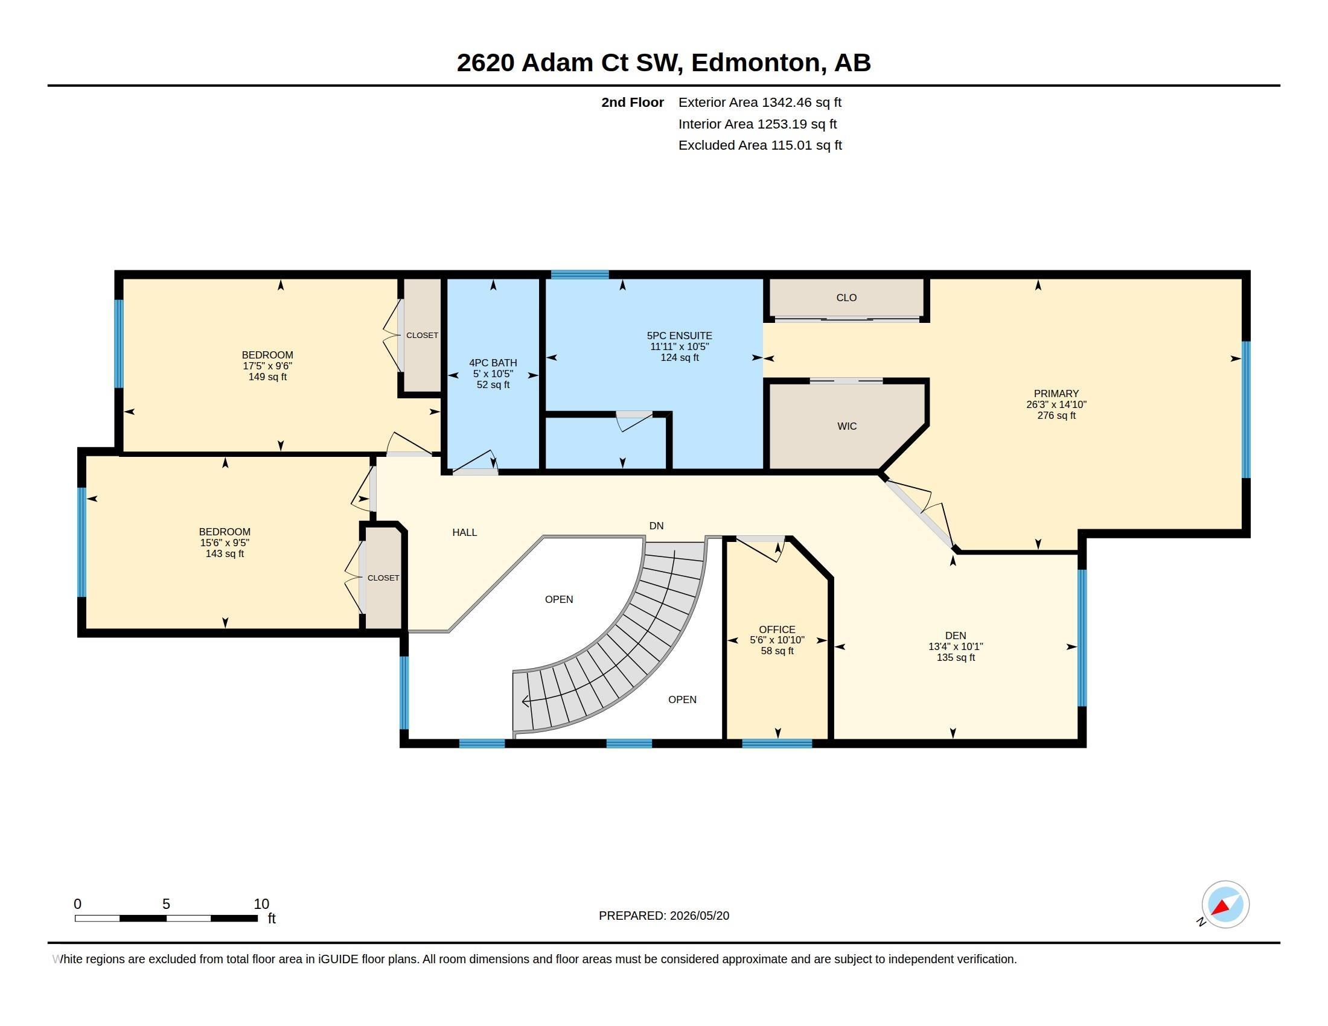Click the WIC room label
pyautogui.click(x=846, y=426)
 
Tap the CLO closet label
pyautogui.click(x=846, y=297)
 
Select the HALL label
pyautogui.click(x=465, y=532)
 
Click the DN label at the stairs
pyautogui.click(x=656, y=526)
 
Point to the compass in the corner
pyautogui.click(x=1225, y=904)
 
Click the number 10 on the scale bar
pyautogui.click(x=261, y=904)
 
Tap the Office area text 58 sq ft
pyautogui.click(x=777, y=651)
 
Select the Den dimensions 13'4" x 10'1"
pyautogui.click(x=956, y=647)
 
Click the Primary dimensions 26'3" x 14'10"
pyautogui.click(x=1056, y=405)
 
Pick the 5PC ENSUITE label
pyautogui.click(x=679, y=336)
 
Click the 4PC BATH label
pyautogui.click(x=493, y=363)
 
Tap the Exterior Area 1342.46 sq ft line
pyautogui.click(x=760, y=102)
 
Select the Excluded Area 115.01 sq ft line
pyautogui.click(x=760, y=145)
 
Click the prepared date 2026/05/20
pyautogui.click(x=699, y=916)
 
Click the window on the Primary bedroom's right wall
pyautogui.click(x=1245, y=410)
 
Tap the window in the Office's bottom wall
pyautogui.click(x=777, y=744)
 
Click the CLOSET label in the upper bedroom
pyautogui.click(x=422, y=336)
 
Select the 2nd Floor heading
pyautogui.click(x=633, y=102)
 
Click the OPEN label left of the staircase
pyautogui.click(x=559, y=599)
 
